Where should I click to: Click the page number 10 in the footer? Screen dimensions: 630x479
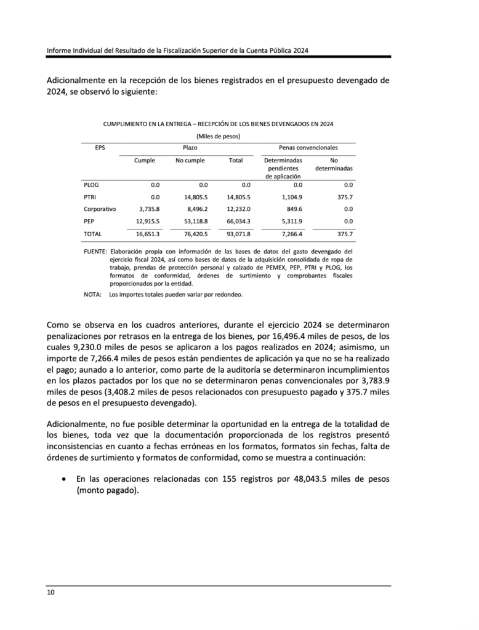51,592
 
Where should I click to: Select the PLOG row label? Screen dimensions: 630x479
91,185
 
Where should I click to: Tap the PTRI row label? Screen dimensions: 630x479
91,197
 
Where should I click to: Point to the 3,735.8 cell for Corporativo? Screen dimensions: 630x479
149,209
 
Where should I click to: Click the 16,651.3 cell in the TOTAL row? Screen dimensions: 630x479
148,234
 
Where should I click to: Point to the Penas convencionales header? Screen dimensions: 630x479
308,148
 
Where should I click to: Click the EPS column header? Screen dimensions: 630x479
100,148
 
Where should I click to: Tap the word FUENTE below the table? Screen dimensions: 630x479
95,252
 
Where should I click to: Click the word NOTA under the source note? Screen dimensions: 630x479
92,295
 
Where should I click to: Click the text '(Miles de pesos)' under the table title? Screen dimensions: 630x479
218,136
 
